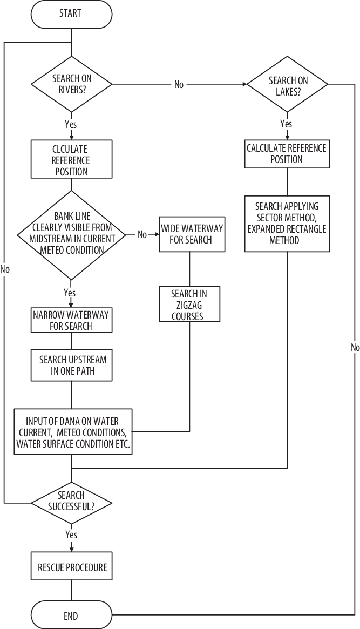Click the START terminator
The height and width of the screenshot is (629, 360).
click(x=71, y=13)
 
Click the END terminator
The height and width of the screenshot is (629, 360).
click(x=71, y=615)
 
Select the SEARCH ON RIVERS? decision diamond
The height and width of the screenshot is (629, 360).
click(x=71, y=84)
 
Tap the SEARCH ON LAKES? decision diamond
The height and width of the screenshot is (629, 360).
click(x=287, y=84)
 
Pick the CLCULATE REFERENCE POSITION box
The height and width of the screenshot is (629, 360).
click(x=71, y=160)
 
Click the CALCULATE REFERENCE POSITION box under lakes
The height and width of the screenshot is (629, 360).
click(x=287, y=154)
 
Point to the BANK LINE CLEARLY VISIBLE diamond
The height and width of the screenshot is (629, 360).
click(x=71, y=234)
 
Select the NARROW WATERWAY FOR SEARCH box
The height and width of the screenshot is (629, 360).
click(x=71, y=320)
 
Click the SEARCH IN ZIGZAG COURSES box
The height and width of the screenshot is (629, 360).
click(x=189, y=305)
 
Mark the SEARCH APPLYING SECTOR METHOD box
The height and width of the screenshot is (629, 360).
click(x=287, y=224)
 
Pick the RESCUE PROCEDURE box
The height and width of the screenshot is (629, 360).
click(x=72, y=567)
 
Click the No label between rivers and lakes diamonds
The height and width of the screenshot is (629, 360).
click(x=179, y=84)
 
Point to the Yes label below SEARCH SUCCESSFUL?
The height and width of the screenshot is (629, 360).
click(x=71, y=535)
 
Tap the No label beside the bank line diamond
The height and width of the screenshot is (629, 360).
click(x=142, y=234)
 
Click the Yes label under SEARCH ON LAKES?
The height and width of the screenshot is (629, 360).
click(x=287, y=124)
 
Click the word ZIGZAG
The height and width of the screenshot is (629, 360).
click(x=189, y=305)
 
